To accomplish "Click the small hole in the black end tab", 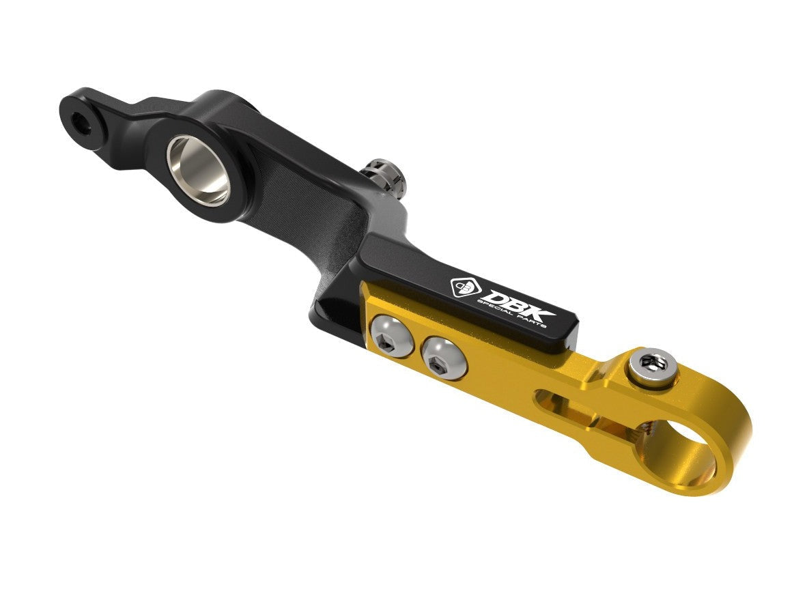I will point(82,123).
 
